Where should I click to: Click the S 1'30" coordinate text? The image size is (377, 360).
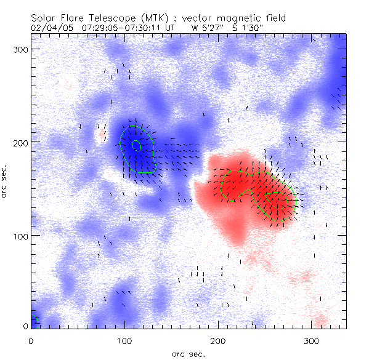click(247, 28)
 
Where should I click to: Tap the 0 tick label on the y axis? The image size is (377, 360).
click(25, 326)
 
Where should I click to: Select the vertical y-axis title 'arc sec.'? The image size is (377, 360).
click(6, 180)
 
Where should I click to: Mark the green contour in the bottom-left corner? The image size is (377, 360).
click(36, 319)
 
